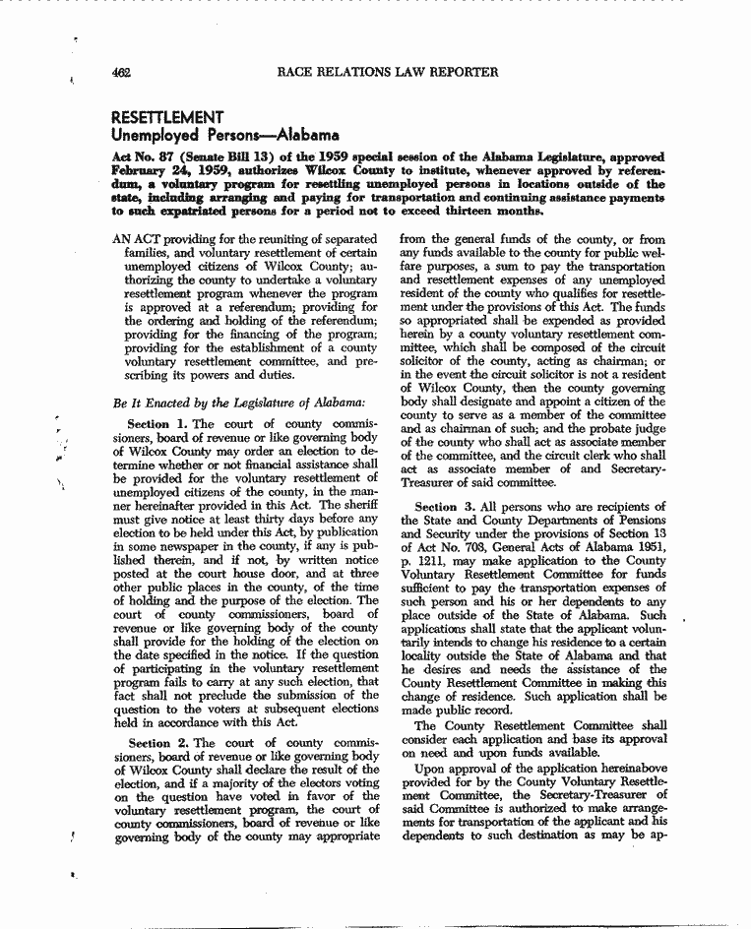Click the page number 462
pos(122,72)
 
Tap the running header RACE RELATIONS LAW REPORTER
pos(389,72)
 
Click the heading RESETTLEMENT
pos(168,117)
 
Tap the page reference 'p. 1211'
pos(423,561)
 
